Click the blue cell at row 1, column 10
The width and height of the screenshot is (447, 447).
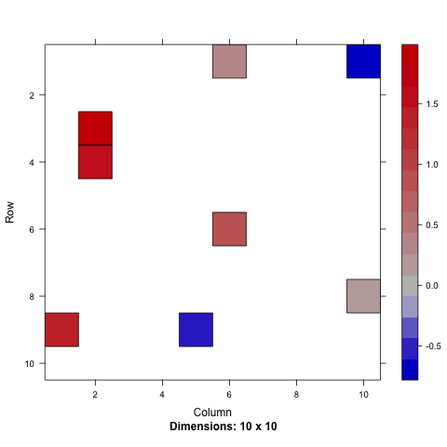[x=363, y=61]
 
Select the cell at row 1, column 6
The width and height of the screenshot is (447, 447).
[x=229, y=61]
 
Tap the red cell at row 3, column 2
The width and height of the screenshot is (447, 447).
[x=95, y=129]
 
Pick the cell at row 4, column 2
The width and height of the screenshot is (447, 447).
[x=95, y=162]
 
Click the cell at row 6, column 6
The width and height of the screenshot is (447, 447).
[x=229, y=229]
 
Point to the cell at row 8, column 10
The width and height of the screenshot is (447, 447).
[x=363, y=296]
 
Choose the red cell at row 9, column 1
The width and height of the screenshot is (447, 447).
[x=61, y=330]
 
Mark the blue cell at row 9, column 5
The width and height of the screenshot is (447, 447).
[x=196, y=330]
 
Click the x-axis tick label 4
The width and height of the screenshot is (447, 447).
[x=162, y=396]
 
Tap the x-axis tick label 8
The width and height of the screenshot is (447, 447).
[x=296, y=396]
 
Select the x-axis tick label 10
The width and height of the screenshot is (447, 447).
[x=363, y=396]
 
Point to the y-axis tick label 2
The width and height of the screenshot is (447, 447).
[x=31, y=95]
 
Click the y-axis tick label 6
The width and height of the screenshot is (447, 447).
[x=31, y=229]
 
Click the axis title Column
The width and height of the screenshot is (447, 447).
[x=212, y=412]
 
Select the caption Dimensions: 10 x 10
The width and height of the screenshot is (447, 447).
[x=223, y=427]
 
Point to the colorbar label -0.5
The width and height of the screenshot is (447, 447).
[x=431, y=345]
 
